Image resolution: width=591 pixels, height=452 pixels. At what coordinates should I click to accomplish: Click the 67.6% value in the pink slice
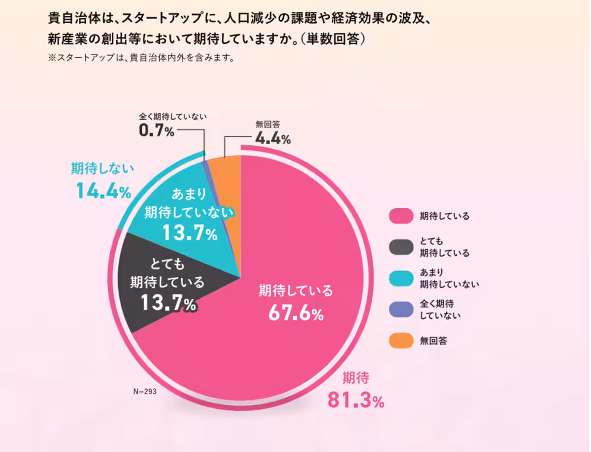pyautogui.click(x=295, y=313)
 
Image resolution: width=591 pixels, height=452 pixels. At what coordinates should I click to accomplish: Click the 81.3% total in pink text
pyautogui.click(x=356, y=401)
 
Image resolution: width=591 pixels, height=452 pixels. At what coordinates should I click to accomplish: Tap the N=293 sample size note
pyautogui.click(x=144, y=392)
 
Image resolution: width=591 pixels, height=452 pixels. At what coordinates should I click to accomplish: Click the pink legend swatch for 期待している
pyautogui.click(x=399, y=216)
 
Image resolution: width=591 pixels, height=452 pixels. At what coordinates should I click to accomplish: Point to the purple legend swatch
pyautogui.click(x=399, y=310)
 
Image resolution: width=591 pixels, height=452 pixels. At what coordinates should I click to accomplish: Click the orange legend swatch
pyautogui.click(x=399, y=341)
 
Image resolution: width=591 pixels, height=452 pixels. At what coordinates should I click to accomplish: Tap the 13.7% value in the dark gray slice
pyautogui.click(x=168, y=303)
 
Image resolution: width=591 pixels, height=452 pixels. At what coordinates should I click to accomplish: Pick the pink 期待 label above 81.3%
pyautogui.click(x=356, y=378)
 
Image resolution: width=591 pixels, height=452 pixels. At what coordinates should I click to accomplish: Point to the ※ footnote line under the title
pyautogui.click(x=140, y=58)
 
